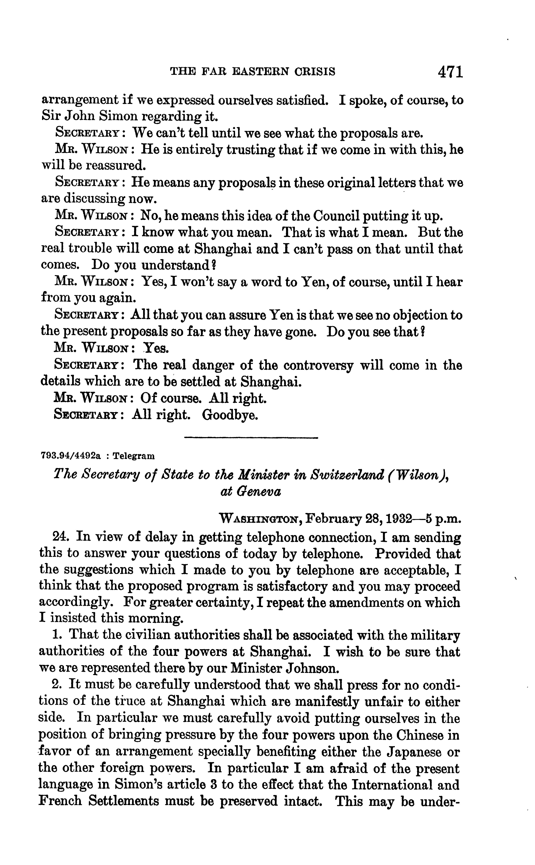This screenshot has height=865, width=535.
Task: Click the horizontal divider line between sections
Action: pyautogui.click(x=251, y=438)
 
